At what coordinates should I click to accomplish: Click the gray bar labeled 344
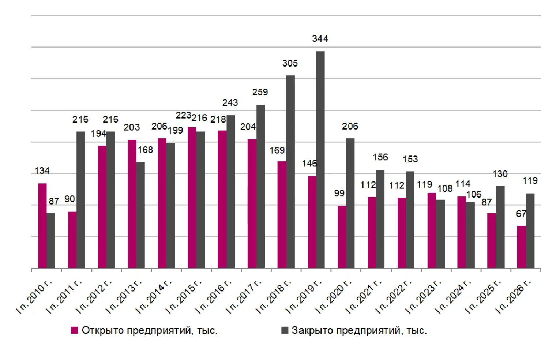(320, 160)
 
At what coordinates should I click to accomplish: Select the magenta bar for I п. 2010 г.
(42, 226)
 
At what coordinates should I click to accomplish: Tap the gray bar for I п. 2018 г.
(290, 172)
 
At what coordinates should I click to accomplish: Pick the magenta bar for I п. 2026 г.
(522, 247)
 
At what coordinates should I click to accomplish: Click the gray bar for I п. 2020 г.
(350, 203)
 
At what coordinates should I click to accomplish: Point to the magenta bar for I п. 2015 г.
(192, 198)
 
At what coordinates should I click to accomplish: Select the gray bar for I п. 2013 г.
(140, 215)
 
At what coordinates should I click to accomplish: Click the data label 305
(290, 63)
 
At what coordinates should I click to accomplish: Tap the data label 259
(260, 92)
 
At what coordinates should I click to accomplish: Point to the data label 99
(339, 193)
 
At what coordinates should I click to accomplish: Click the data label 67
(521, 214)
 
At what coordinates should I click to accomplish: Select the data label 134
(42, 171)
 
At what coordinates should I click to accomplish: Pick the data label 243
(230, 102)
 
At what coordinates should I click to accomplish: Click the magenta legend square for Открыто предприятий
(75, 330)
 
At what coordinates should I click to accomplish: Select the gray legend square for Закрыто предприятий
(285, 330)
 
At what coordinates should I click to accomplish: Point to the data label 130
(500, 174)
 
